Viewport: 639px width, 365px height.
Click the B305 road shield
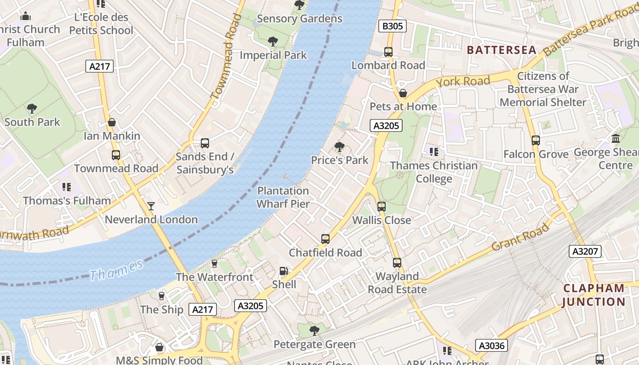(x=393, y=26)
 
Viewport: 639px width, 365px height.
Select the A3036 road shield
(x=492, y=345)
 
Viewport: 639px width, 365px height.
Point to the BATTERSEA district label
(x=502, y=50)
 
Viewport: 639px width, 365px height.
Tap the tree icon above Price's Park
(x=339, y=147)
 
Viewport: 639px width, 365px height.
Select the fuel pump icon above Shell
(x=284, y=271)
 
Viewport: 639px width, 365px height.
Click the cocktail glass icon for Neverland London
(x=151, y=206)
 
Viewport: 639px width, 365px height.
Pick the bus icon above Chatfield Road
(x=325, y=239)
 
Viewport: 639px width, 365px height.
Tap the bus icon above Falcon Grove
(x=536, y=141)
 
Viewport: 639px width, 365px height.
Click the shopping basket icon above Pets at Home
(x=403, y=94)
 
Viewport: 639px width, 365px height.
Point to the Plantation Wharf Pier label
(x=283, y=198)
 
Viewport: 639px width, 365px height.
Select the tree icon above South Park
(x=32, y=109)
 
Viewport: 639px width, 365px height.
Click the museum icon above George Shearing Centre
(x=616, y=138)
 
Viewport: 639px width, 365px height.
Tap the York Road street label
(x=463, y=82)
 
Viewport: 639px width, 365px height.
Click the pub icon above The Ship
(x=161, y=296)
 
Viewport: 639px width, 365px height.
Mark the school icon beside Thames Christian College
(x=434, y=151)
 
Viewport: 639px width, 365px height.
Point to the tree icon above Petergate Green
(x=314, y=330)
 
